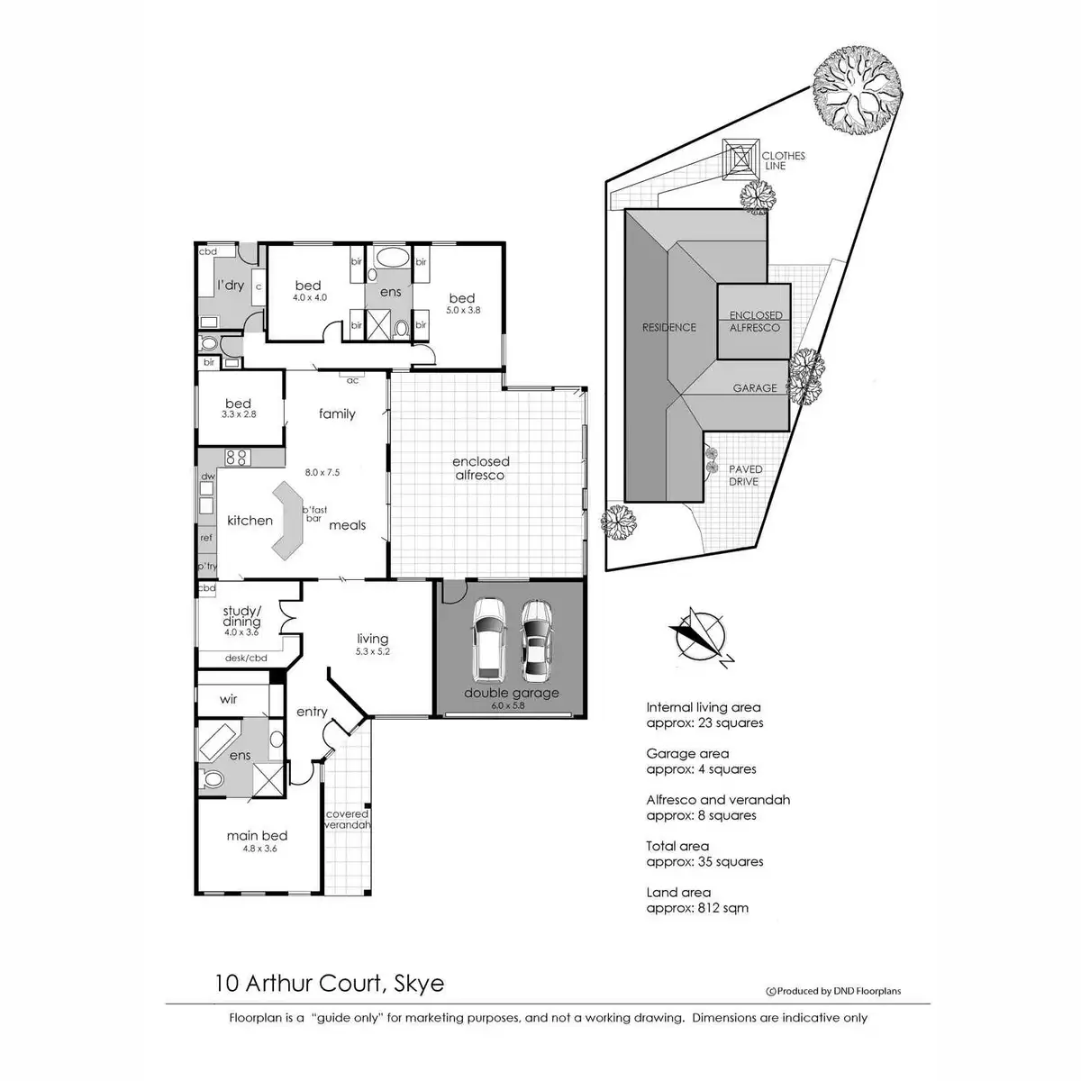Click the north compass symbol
pyautogui.click(x=701, y=637)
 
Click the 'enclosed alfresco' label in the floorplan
pyautogui.click(x=481, y=468)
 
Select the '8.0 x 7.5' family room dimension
pyautogui.click(x=322, y=472)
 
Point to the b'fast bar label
pyautogui.click(x=314, y=513)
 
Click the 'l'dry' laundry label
pyautogui.click(x=231, y=285)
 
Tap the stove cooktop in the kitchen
pyautogui.click(x=237, y=458)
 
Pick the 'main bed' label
pyautogui.click(x=258, y=835)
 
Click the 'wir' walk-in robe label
pyautogui.click(x=228, y=699)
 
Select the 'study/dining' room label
pyautogui.click(x=241, y=616)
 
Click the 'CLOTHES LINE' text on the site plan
pyautogui.click(x=783, y=160)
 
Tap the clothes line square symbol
pyautogui.click(x=740, y=159)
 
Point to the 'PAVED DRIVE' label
pyautogui.click(x=745, y=475)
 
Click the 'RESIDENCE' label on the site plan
pyautogui.click(x=668, y=327)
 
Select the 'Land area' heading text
pyautogui.click(x=678, y=892)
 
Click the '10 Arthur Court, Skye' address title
pyautogui.click(x=330, y=984)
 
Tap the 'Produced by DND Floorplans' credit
pyautogui.click(x=833, y=991)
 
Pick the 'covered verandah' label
pyautogui.click(x=347, y=819)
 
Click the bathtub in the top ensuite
pyautogui.click(x=389, y=258)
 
